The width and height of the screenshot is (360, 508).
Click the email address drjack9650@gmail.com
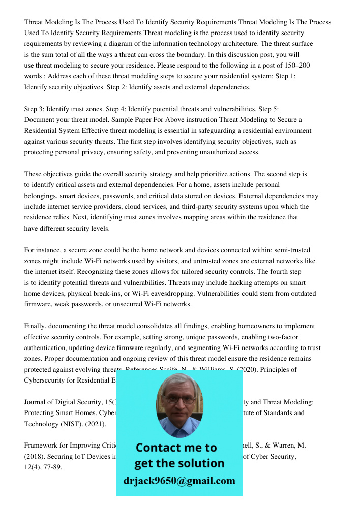click(x=179, y=481)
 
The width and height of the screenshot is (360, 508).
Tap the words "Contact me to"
click(x=176, y=448)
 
